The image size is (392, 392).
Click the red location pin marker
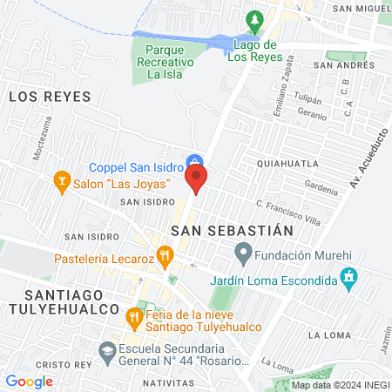tap(196, 179)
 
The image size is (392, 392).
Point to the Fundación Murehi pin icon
tap(244, 255)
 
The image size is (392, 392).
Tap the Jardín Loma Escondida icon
tap(349, 279)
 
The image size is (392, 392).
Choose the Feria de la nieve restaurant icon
tap(134, 315)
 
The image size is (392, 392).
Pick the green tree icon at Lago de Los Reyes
tap(253, 20)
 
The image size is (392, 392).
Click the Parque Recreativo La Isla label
tap(159, 64)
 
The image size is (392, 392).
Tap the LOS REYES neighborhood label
tap(50, 97)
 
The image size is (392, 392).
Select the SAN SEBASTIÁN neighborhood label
tap(230, 229)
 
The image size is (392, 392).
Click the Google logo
tap(30, 381)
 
